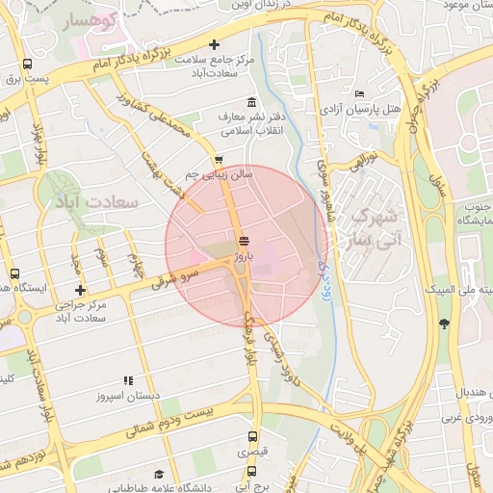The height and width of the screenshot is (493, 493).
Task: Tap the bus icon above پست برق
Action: [x=26, y=66]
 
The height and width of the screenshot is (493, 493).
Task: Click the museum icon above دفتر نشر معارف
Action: [x=251, y=103]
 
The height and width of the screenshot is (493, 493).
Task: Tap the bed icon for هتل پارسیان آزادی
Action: [x=359, y=93]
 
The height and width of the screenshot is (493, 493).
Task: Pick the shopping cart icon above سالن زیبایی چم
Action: [x=219, y=160]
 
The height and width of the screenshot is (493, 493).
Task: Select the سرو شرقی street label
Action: [x=174, y=278]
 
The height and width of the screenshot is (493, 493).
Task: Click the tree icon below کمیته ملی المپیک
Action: [x=443, y=324]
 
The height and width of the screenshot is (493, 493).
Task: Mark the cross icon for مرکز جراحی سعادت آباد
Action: [x=80, y=290]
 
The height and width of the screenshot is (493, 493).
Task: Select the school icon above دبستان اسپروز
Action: [x=128, y=380]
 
